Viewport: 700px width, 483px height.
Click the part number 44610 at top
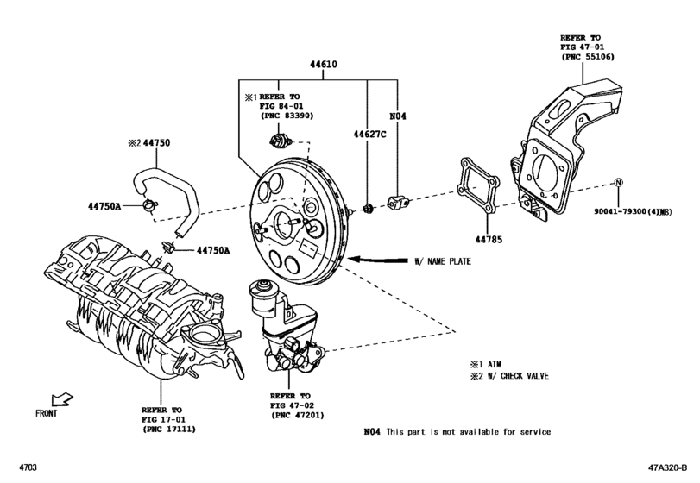(x=325, y=66)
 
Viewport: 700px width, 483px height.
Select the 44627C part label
(x=368, y=135)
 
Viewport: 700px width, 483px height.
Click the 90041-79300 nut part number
(x=642, y=210)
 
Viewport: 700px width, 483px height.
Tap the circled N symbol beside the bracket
(x=618, y=182)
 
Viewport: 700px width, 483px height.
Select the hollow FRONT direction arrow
(x=62, y=398)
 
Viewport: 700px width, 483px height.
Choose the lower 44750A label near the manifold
(x=213, y=250)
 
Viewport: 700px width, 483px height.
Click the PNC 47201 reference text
(x=298, y=416)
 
